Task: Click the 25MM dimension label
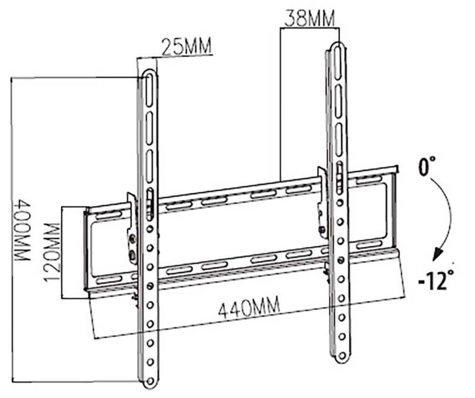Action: pyautogui.click(x=186, y=47)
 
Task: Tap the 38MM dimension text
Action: pyautogui.click(x=309, y=20)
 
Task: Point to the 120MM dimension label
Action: pyautogui.click(x=53, y=252)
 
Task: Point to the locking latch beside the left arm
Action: pyautogui.click(x=132, y=228)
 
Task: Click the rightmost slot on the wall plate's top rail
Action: pyautogui.click(x=369, y=180)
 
